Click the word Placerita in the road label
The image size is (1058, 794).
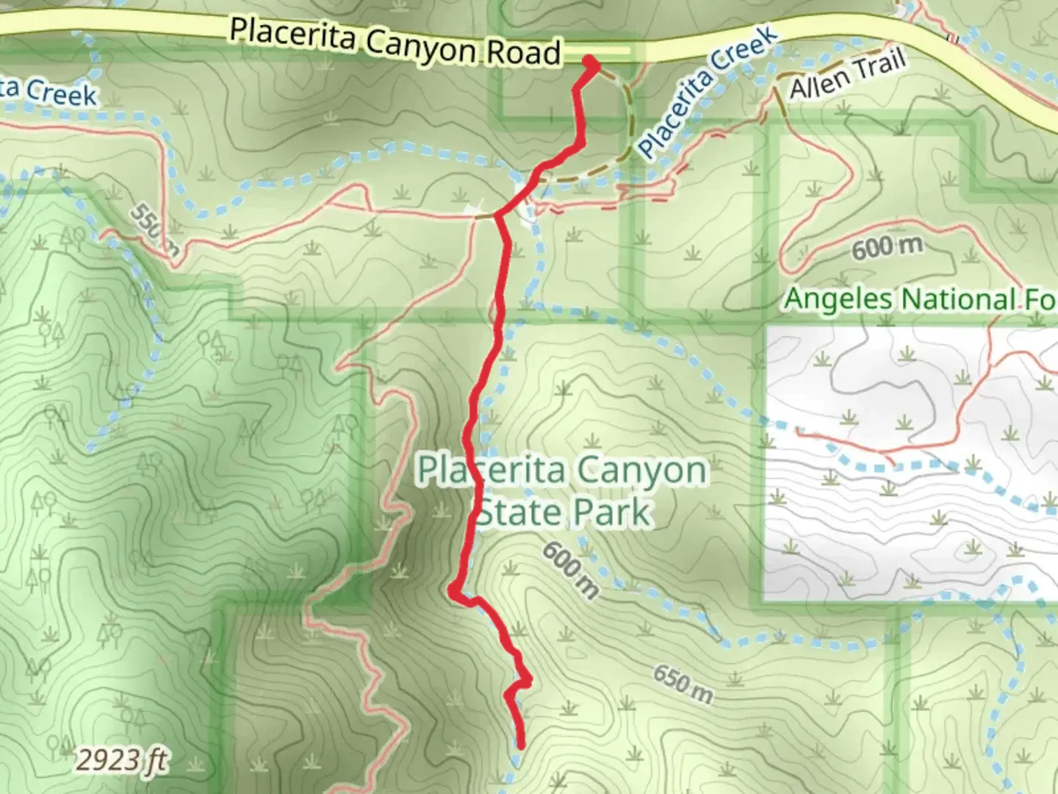(292, 35)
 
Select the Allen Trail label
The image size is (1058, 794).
(847, 76)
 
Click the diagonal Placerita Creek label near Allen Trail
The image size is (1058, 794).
(706, 92)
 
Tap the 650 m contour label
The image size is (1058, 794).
(683, 684)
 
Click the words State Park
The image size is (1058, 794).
(564, 512)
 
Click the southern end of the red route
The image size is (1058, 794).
(520, 745)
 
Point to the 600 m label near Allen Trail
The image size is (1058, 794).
(886, 247)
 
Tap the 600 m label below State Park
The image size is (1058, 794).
(571, 571)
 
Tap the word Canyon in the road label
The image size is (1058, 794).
(420, 46)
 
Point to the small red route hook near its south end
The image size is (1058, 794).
(523, 681)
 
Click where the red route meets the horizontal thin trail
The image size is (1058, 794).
(499, 215)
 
